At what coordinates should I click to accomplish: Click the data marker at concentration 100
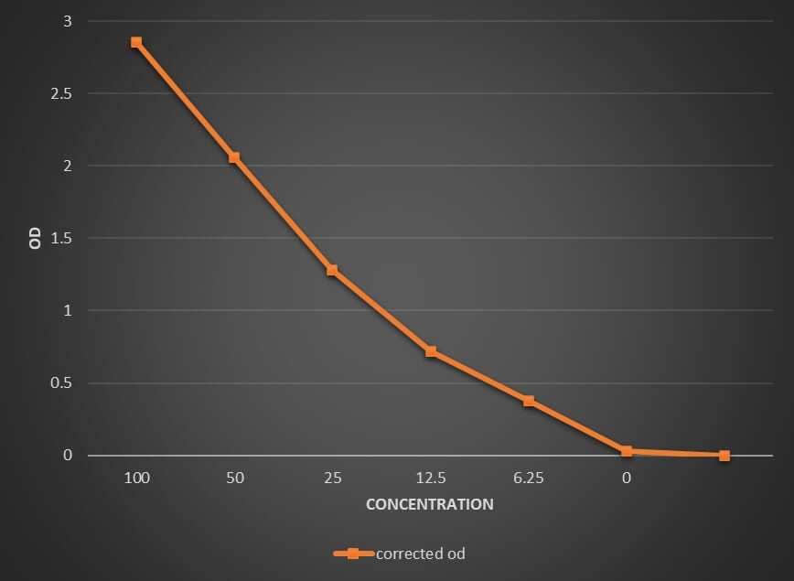(136, 42)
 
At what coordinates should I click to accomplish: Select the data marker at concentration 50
(234, 157)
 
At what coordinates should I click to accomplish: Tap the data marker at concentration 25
(332, 270)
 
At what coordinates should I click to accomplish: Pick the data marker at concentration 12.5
(431, 351)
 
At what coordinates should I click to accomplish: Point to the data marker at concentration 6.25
(529, 401)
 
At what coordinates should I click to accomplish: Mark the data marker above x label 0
(627, 451)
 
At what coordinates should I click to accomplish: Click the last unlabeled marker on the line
(724, 455)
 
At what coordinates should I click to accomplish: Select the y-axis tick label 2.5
(63, 93)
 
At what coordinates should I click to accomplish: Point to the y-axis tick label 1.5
(63, 238)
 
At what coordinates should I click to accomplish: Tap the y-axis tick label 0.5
(63, 383)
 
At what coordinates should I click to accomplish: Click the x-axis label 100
(137, 479)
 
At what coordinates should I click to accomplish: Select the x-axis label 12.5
(431, 479)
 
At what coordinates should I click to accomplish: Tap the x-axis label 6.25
(529, 479)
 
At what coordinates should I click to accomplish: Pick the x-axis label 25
(333, 479)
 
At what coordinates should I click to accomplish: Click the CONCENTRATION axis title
(429, 504)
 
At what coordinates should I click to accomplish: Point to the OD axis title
(35, 239)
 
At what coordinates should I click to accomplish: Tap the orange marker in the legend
(351, 554)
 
